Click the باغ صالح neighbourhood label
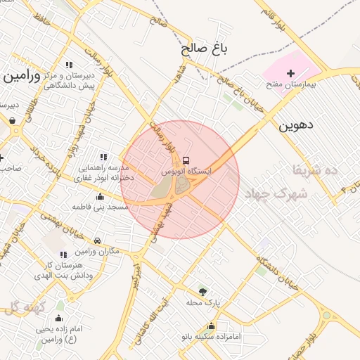205,49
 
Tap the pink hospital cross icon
291,72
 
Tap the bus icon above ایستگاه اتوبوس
186,160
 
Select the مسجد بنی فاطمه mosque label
100,207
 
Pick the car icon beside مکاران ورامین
97,240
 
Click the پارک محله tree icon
203,291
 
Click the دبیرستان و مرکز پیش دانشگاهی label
70,79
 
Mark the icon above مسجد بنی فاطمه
100,196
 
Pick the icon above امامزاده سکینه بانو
212,326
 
